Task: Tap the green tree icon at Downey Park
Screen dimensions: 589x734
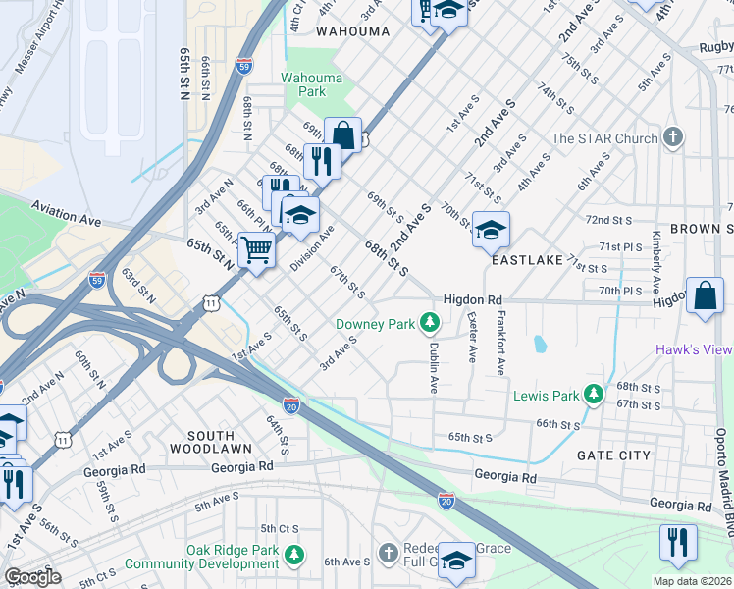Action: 429,322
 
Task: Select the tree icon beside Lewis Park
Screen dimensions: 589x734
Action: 593,395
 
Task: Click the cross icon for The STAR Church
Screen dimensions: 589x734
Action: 672,137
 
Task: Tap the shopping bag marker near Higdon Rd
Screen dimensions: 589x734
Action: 705,294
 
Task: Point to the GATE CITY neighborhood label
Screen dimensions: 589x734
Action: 613,455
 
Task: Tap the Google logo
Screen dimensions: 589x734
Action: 31,577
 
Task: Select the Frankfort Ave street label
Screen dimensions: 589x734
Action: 500,344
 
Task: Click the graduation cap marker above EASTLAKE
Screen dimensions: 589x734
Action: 491,230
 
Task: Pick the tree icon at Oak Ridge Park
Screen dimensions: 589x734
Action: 294,557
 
